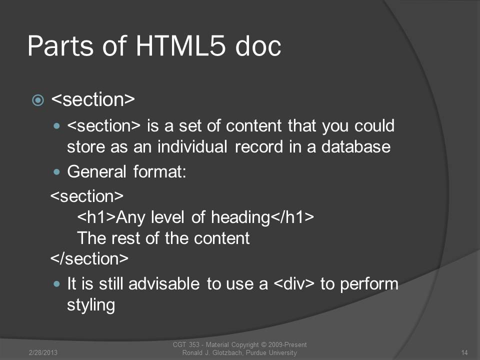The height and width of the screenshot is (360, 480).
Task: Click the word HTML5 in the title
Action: click(180, 46)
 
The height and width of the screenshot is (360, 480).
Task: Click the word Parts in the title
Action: click(60, 46)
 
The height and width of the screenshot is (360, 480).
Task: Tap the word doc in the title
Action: click(258, 46)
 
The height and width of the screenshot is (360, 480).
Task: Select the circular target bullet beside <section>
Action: click(38, 100)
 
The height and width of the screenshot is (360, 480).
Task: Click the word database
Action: click(355, 146)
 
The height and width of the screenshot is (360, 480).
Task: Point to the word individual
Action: click(192, 146)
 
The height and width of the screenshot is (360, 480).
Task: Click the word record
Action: click(259, 147)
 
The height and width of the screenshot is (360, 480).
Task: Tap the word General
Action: click(96, 171)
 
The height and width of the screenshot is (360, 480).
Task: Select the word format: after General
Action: click(160, 171)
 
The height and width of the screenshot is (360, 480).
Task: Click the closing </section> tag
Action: click(89, 258)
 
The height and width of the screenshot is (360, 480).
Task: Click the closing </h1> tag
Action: click(292, 217)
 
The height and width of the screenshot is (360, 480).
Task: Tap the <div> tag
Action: click(294, 283)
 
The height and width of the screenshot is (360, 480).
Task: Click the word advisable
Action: click(164, 283)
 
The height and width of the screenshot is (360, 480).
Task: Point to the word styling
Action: click(91, 305)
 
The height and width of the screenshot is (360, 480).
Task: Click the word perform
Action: click(369, 284)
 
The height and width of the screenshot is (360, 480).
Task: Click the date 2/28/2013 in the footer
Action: click(43, 352)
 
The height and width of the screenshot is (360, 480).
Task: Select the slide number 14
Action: click(464, 352)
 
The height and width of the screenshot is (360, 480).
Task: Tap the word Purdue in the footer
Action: click(256, 352)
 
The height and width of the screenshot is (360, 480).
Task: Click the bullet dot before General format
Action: click(56, 171)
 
